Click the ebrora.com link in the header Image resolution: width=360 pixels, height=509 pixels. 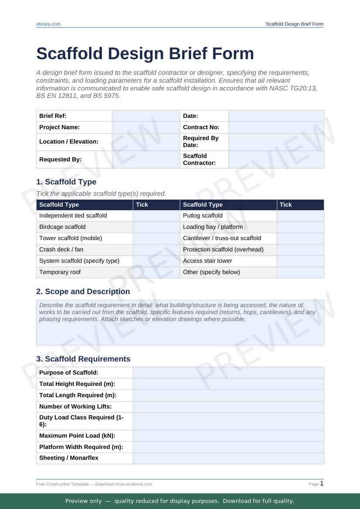(48, 24)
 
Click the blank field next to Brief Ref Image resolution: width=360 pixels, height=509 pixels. (146, 116)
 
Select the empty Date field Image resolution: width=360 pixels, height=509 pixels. (276, 116)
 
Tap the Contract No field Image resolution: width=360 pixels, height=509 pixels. (276, 127)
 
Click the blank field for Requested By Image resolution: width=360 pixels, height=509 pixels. (146, 160)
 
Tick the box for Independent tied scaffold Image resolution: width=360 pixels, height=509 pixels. (156, 216)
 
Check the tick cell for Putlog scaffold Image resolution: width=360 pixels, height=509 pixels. (300, 216)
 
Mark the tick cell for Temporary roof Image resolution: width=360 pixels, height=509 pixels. (156, 272)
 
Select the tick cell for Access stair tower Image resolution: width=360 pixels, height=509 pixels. (300, 261)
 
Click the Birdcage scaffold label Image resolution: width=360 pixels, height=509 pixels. (62, 227)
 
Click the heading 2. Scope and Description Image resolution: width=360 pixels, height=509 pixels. (83, 291)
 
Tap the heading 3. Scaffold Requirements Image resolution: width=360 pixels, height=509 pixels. (83, 359)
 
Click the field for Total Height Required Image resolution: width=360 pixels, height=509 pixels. (228, 384)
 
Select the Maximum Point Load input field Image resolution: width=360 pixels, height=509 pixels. (228, 436)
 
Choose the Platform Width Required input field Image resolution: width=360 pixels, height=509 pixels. (228, 447)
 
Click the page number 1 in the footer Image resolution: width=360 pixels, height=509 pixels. (322, 483)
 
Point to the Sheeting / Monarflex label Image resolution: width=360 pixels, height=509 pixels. (69, 458)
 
